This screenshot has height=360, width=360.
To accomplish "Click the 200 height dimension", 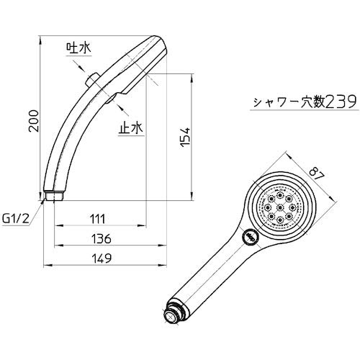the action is pos(34,121).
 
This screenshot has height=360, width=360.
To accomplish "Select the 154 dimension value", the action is pos(185,138).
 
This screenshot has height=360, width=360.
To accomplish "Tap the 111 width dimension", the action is pos(98,219).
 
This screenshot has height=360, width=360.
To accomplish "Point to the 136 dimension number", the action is pos(102,239).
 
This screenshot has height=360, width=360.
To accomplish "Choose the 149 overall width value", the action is pos(102,258).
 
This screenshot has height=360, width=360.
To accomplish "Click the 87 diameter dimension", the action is pos(317,174).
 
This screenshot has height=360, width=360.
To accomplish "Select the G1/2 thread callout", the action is pos(16,219).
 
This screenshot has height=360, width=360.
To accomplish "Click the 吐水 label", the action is pos(78,48).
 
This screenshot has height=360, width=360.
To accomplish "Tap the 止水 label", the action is pos(131,127).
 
